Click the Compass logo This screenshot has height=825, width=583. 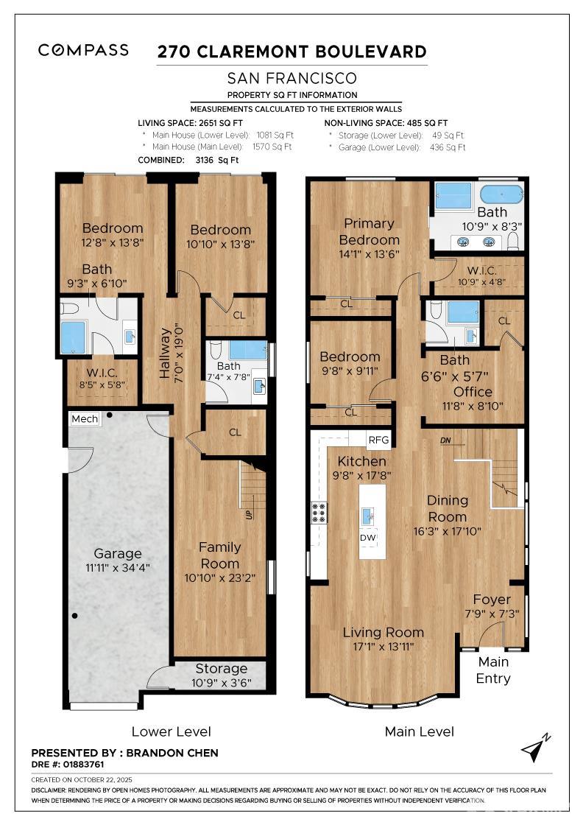[83, 50]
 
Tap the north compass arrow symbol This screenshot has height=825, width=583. [535, 747]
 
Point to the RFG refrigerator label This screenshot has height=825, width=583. [378, 440]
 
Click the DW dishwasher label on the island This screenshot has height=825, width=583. [368, 538]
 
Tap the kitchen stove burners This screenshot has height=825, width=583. [319, 512]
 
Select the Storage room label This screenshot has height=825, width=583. [221, 668]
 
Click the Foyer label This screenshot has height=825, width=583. [492, 600]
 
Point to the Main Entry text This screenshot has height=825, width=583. [493, 670]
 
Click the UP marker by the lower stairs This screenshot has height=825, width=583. [248, 514]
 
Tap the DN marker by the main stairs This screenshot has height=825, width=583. [445, 441]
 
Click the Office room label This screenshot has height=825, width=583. [473, 391]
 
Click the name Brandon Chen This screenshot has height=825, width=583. [173, 753]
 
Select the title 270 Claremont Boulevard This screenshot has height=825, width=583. [292, 52]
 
